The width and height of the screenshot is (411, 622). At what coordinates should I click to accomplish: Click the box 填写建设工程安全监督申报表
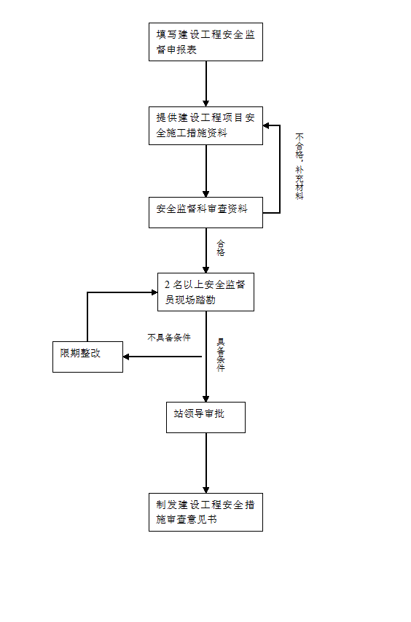(x=205, y=42)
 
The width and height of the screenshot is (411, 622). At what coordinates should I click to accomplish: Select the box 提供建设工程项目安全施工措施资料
(x=205, y=125)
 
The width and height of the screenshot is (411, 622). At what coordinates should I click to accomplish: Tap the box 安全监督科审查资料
(x=205, y=213)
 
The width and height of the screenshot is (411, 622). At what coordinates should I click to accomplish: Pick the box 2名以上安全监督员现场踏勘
(x=205, y=292)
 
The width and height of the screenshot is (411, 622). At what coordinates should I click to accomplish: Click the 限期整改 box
(x=87, y=357)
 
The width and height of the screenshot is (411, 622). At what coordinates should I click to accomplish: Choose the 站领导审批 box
(x=205, y=417)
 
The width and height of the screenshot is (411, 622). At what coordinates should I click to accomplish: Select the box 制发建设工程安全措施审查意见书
(x=205, y=512)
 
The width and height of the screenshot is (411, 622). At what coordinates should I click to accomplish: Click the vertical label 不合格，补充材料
(x=300, y=166)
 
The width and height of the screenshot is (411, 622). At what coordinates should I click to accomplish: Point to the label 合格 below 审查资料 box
(x=221, y=248)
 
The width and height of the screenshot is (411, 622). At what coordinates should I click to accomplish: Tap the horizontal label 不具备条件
(x=169, y=338)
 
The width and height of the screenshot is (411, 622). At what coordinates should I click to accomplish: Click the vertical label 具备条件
(x=221, y=354)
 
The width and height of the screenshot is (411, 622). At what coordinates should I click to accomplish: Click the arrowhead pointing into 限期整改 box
(x=126, y=357)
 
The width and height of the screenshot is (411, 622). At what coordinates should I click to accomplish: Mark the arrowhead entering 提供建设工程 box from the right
(x=266, y=125)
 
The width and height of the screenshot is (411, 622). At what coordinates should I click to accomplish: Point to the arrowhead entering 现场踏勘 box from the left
(x=154, y=292)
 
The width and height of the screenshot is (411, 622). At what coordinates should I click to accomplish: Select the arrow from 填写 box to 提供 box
(x=205, y=84)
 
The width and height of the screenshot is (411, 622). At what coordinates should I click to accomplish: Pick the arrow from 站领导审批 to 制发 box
(x=205, y=463)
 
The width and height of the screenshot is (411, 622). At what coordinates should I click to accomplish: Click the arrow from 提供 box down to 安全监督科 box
(x=205, y=171)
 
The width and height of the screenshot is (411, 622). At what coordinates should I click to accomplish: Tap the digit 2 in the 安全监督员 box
(x=168, y=284)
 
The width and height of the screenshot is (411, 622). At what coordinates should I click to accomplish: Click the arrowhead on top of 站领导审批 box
(x=205, y=399)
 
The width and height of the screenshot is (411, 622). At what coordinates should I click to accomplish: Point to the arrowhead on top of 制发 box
(x=205, y=490)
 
